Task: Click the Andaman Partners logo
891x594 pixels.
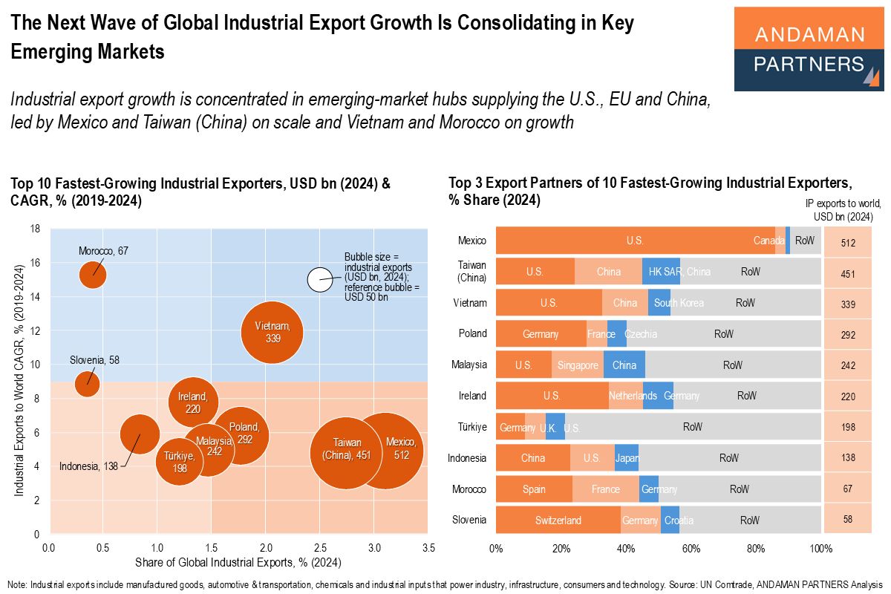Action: click(x=809, y=49)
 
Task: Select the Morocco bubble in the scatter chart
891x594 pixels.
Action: click(x=93, y=275)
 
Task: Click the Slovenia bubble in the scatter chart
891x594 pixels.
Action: click(x=88, y=384)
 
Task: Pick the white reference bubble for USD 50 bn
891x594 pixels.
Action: click(x=321, y=279)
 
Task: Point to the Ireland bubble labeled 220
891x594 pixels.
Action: click(x=193, y=402)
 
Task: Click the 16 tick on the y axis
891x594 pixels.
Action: click(x=35, y=263)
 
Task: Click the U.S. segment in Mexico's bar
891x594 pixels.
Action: click(x=635, y=241)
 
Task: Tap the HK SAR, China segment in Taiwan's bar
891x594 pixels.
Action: click(x=661, y=272)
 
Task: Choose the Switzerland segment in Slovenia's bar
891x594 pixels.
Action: click(x=558, y=520)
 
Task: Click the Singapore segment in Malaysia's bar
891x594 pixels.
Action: click(x=578, y=365)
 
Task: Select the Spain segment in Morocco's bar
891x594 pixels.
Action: click(x=534, y=489)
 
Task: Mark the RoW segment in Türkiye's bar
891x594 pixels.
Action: click(x=692, y=428)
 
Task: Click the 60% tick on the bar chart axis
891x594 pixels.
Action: click(x=691, y=549)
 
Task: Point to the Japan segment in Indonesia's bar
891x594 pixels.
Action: click(x=627, y=459)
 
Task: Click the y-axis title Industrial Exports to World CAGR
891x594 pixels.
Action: click(x=17, y=380)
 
